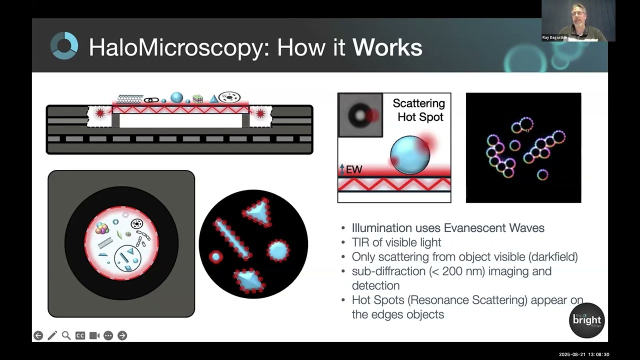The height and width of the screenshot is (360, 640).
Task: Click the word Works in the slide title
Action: [x=387, y=47]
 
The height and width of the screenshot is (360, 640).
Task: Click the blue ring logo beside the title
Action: [x=64, y=45]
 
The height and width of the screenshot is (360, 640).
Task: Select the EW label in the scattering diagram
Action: [x=353, y=170]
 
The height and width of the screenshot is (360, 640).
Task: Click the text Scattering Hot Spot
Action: [x=418, y=110]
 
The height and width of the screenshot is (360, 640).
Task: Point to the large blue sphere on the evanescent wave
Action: [x=410, y=154]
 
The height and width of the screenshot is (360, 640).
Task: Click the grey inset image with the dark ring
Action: [x=360, y=115]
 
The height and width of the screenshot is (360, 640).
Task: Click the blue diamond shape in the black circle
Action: [x=248, y=280]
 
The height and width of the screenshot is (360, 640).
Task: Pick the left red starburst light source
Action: [x=99, y=113]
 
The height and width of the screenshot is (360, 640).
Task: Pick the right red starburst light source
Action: [x=260, y=113]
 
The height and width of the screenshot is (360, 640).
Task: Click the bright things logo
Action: [x=587, y=320]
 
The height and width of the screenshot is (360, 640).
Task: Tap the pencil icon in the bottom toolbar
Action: [x=52, y=335]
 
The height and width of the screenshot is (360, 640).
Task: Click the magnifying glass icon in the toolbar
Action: [x=66, y=335]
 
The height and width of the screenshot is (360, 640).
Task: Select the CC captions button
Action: [x=80, y=335]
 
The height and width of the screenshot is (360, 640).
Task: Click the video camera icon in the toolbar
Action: [x=94, y=335]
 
